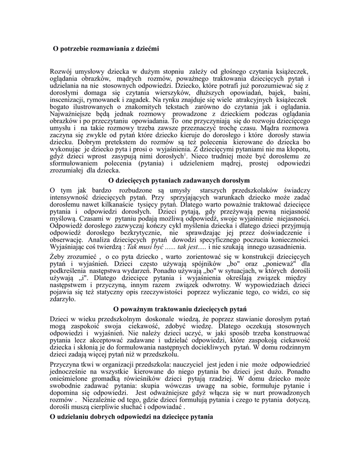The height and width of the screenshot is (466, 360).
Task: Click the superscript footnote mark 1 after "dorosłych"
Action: click(x=184, y=154)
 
